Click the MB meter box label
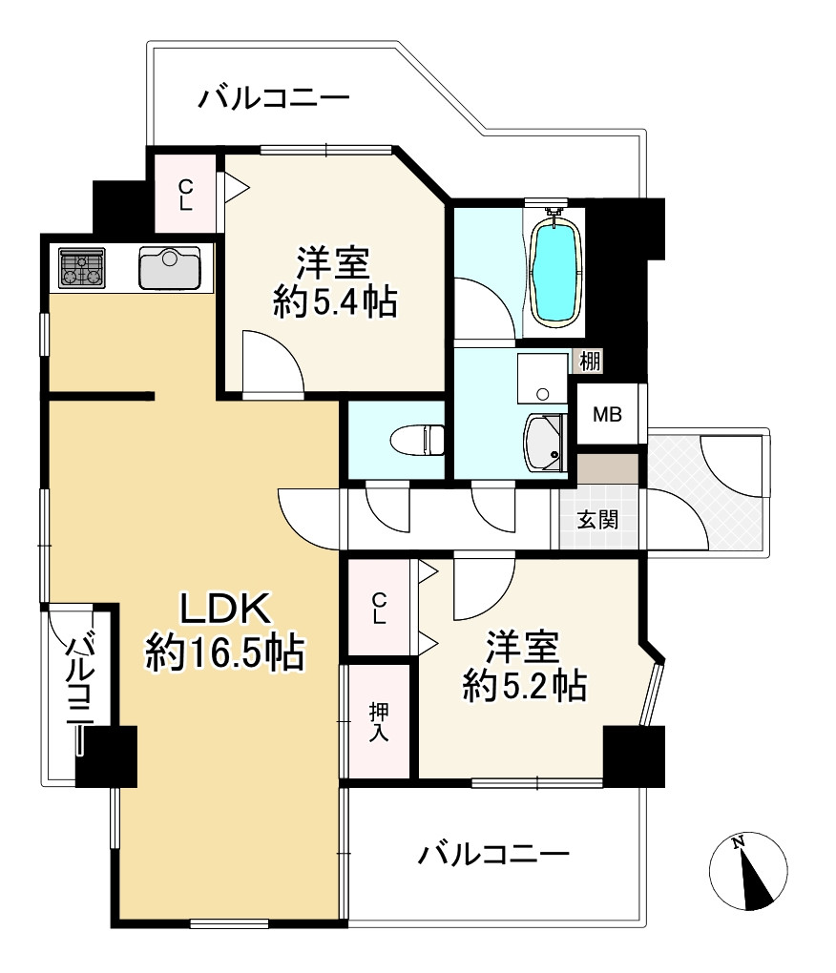pyautogui.click(x=607, y=414)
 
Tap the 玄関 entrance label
pyautogui.click(x=597, y=519)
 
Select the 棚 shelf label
pyautogui.click(x=590, y=361)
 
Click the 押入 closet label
pyautogui.click(x=379, y=721)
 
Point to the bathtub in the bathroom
pyautogui.click(x=556, y=270)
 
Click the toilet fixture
pyautogui.click(x=418, y=440)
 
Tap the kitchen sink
pyautogui.click(x=170, y=267)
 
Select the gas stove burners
pyautogui.click(x=82, y=267)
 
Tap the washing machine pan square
pyautogui.click(x=542, y=378)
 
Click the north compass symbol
pyautogui.click(x=748, y=871)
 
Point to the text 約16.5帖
pyautogui.click(x=224, y=652)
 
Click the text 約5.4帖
pyautogui.click(x=335, y=302)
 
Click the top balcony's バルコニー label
pyautogui.click(x=274, y=98)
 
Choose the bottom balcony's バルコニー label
pyautogui.click(x=492, y=855)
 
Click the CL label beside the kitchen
pyautogui.click(x=185, y=195)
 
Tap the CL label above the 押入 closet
pyautogui.click(x=379, y=609)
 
